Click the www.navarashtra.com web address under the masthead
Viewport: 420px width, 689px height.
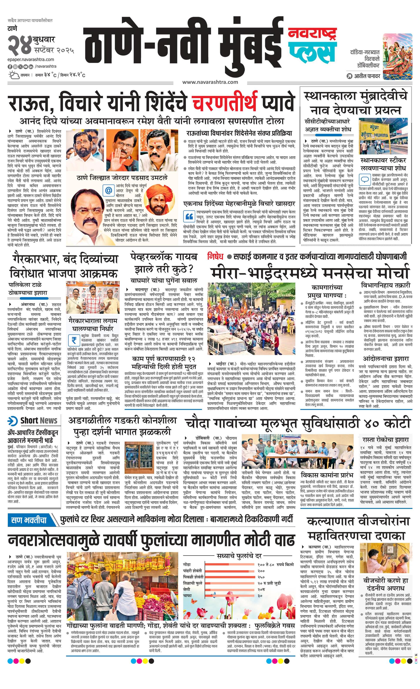coord(210,82)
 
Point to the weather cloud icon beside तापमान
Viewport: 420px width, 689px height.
coord(13,75)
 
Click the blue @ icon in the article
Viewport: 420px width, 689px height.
coord(108,190)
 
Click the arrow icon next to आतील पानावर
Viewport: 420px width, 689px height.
coord(349,76)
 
